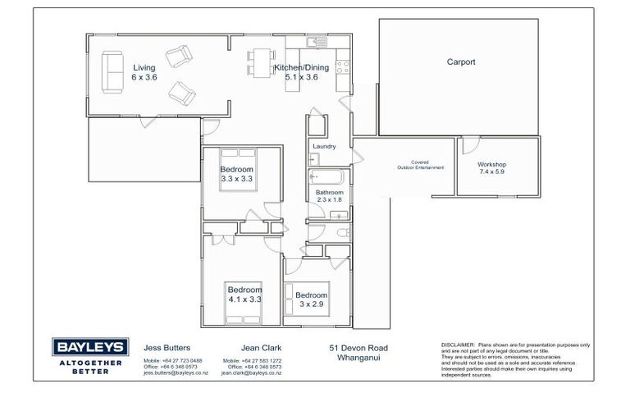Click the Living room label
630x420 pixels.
(x=144, y=68)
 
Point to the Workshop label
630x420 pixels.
(x=492, y=164)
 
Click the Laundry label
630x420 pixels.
(x=322, y=148)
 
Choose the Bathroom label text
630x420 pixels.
(x=328, y=192)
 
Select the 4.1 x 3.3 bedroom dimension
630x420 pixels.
(x=244, y=299)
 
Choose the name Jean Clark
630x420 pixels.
(x=262, y=347)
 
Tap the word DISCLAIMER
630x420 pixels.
(x=459, y=345)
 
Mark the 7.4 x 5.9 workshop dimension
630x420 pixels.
(x=492, y=172)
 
